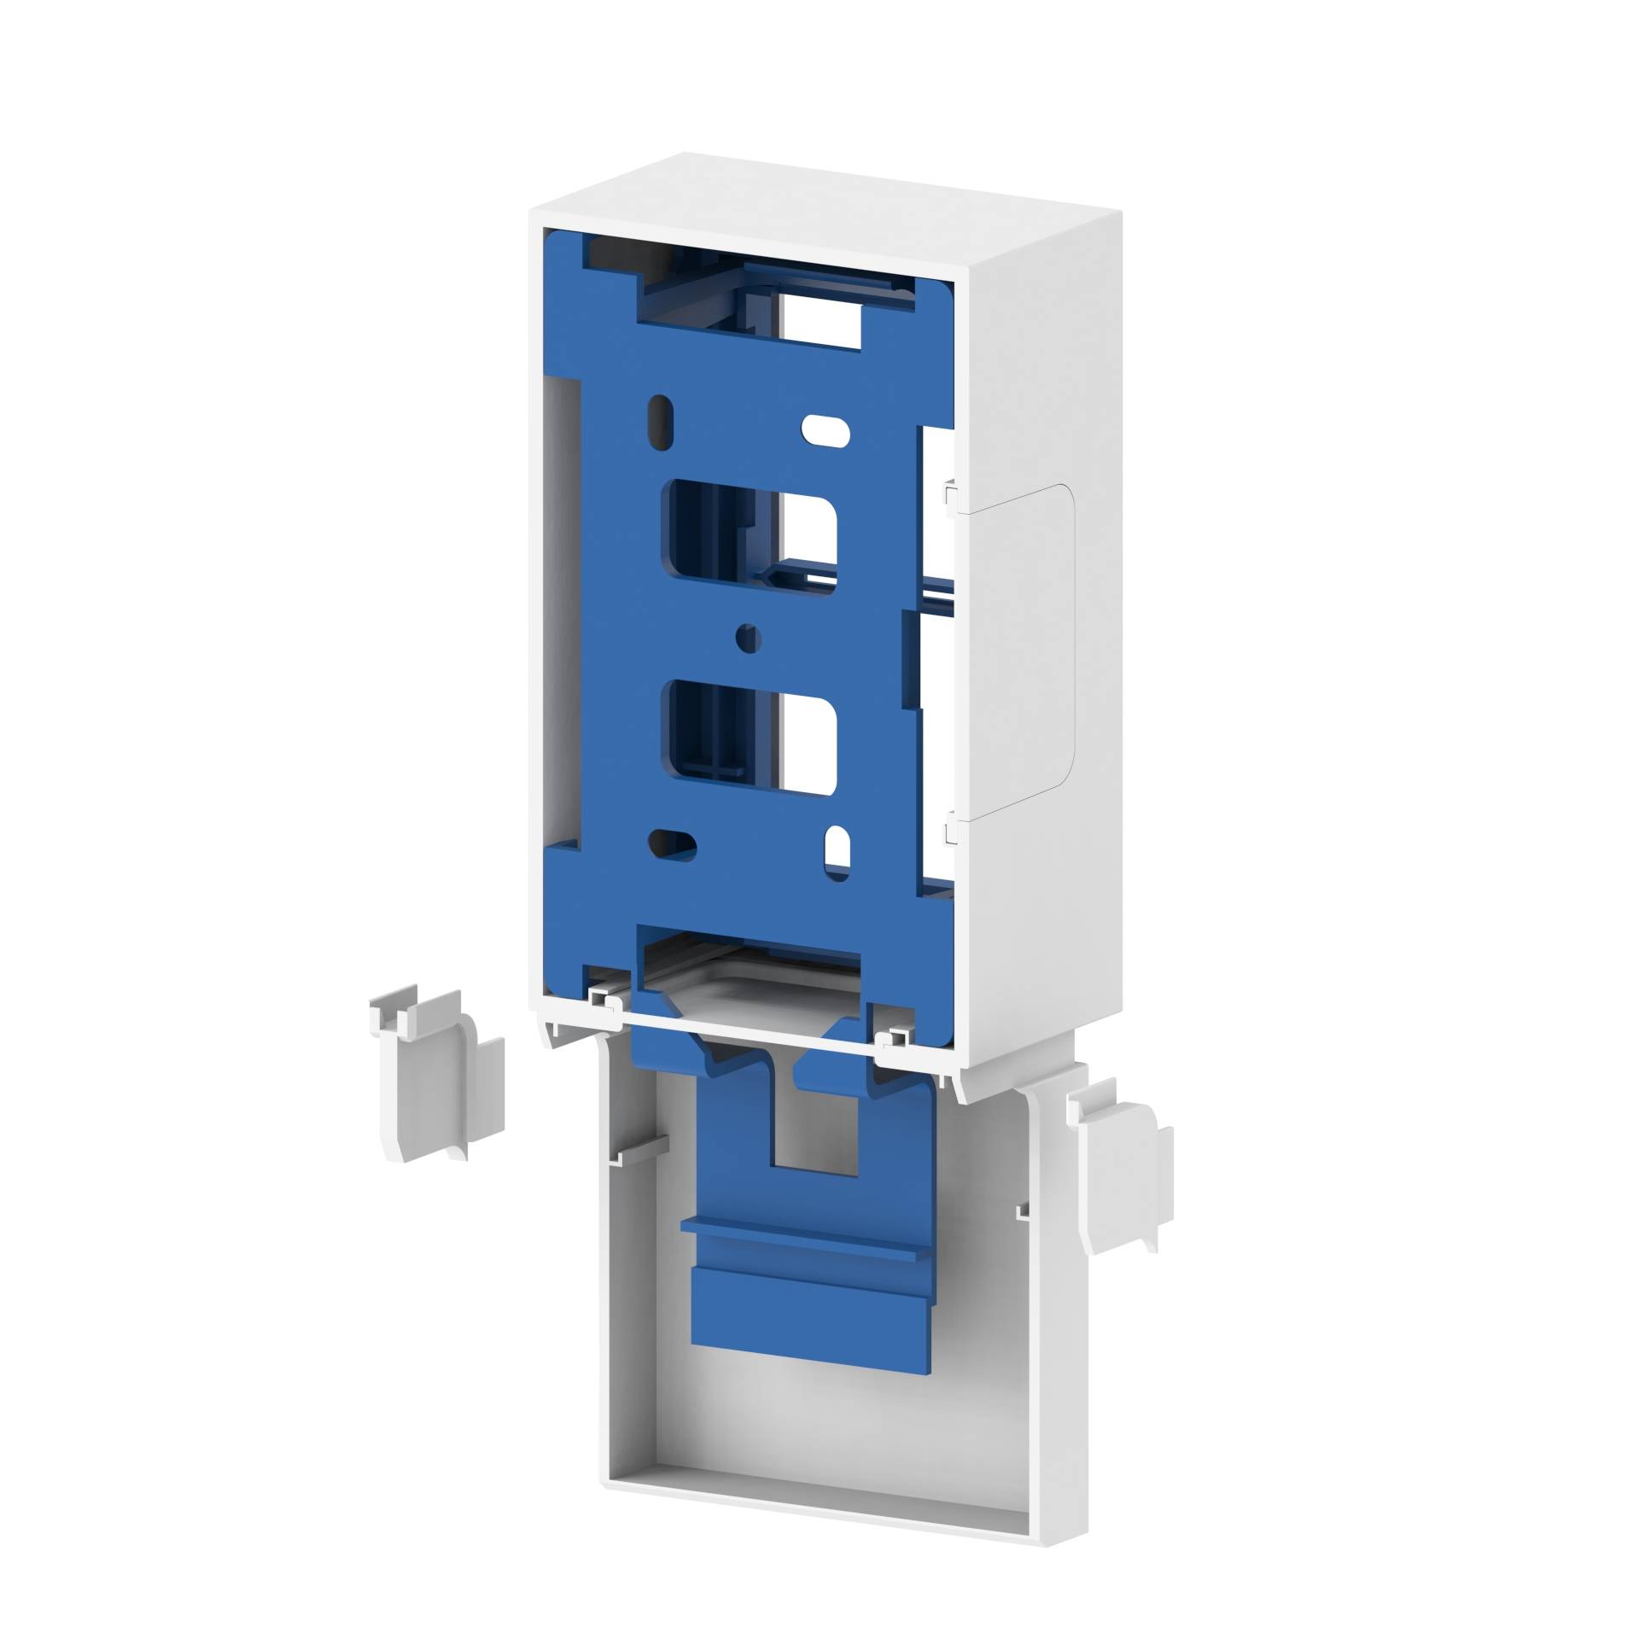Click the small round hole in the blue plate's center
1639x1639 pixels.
(749, 637)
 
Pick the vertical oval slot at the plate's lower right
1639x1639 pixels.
(837, 851)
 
